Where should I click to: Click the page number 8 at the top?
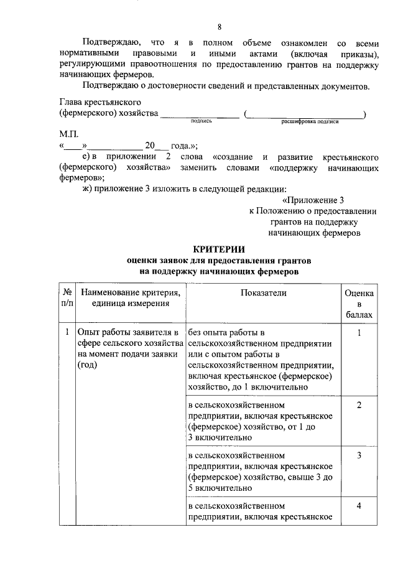(x=219, y=26)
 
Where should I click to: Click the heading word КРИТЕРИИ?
(x=218, y=249)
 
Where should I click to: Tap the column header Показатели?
(x=264, y=292)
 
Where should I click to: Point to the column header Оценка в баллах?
(x=359, y=303)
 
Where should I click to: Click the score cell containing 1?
(x=359, y=332)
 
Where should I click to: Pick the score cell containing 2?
(x=359, y=405)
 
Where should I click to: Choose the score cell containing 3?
(x=359, y=455)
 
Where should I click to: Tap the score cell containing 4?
(x=359, y=505)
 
